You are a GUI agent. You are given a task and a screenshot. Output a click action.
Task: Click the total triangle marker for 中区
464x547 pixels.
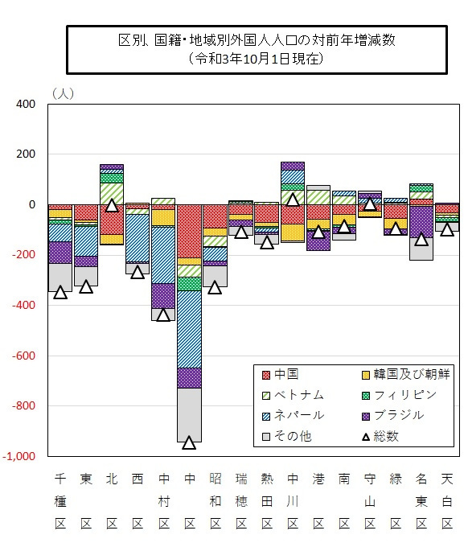point(189,442)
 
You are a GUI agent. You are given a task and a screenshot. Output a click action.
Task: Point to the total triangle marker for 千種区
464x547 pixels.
point(60,292)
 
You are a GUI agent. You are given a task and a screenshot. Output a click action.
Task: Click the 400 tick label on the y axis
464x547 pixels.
point(27,105)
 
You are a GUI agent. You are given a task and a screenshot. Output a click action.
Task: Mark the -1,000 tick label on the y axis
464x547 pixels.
point(21,456)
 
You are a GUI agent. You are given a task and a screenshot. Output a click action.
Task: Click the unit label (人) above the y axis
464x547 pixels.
point(62,93)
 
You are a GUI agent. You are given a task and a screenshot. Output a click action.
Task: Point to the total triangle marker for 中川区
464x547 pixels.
point(292,199)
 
